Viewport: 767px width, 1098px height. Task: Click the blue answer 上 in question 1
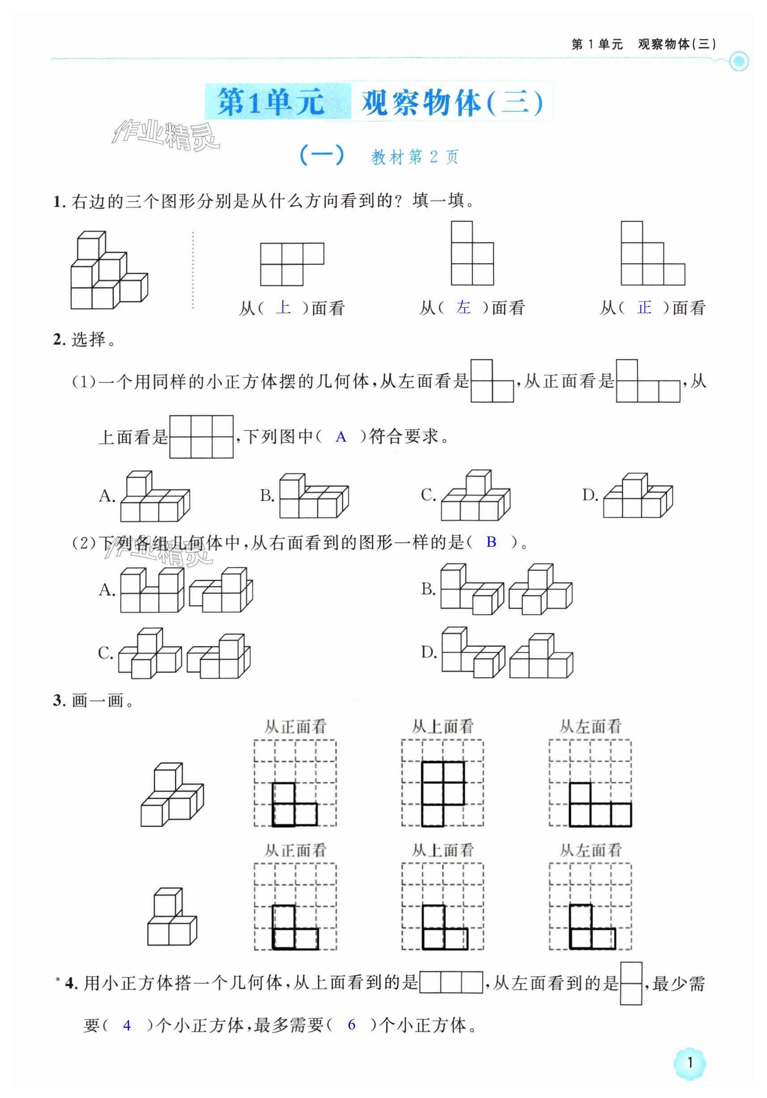283,307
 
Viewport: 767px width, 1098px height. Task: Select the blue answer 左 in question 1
463,307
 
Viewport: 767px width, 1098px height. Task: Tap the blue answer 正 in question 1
644,307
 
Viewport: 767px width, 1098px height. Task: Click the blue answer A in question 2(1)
341,437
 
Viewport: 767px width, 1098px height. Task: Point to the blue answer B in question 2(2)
491,542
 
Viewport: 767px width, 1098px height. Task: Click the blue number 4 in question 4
127,1025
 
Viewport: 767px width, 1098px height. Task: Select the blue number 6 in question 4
351,1024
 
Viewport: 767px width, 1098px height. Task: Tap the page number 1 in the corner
690,1063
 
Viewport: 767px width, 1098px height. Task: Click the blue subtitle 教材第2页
414,157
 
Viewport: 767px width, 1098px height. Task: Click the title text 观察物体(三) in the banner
452,102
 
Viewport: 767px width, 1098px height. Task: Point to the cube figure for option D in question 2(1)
637,495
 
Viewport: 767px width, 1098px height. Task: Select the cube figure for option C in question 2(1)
475,495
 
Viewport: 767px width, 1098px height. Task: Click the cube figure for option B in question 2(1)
314,496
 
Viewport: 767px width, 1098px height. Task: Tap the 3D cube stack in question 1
109,270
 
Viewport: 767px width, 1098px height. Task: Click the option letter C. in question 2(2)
105,653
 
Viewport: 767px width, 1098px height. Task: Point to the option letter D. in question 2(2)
428,652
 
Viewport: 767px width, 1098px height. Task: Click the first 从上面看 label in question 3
442,727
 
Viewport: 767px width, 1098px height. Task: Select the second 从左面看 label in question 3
591,850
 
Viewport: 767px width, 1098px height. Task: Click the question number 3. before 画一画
59,701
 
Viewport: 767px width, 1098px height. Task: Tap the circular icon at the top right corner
739,61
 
